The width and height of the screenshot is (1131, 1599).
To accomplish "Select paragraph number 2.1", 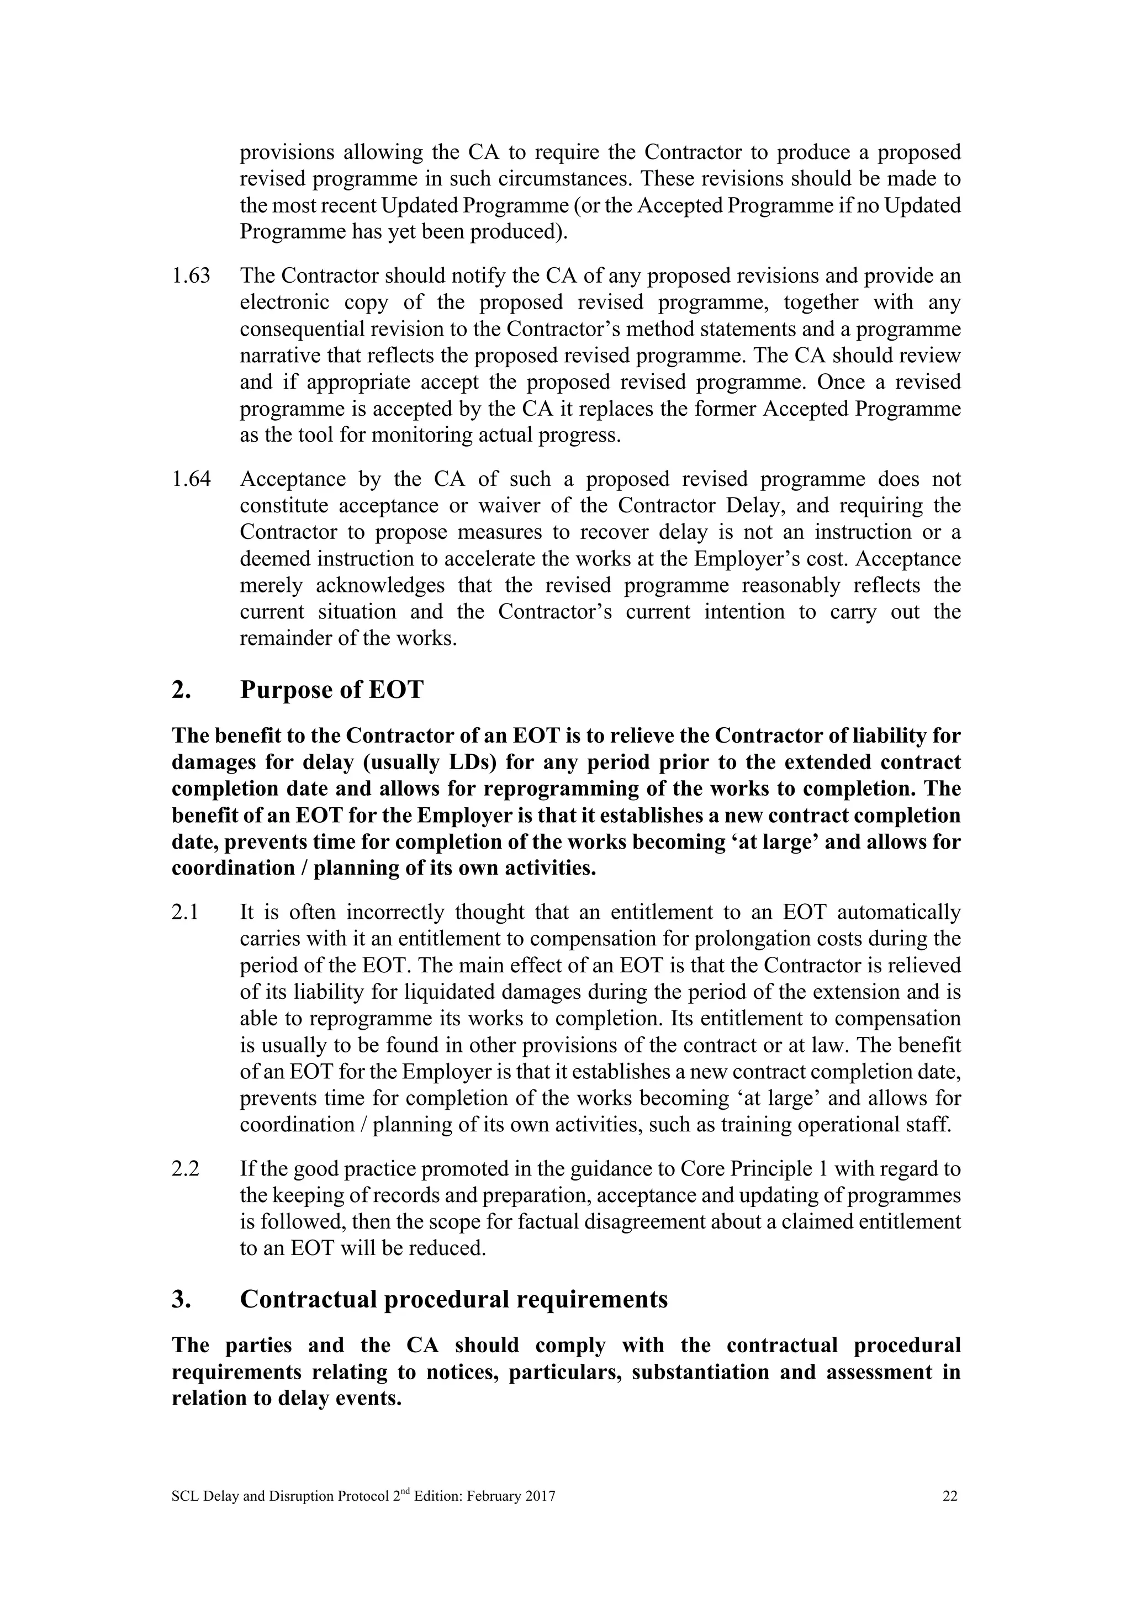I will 185,912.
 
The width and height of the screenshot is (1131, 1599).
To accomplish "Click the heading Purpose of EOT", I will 331,690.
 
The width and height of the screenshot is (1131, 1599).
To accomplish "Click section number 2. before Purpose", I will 181,690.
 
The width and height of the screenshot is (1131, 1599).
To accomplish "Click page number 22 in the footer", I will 950,1497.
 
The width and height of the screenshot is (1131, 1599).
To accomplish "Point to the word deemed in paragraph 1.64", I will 274,559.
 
